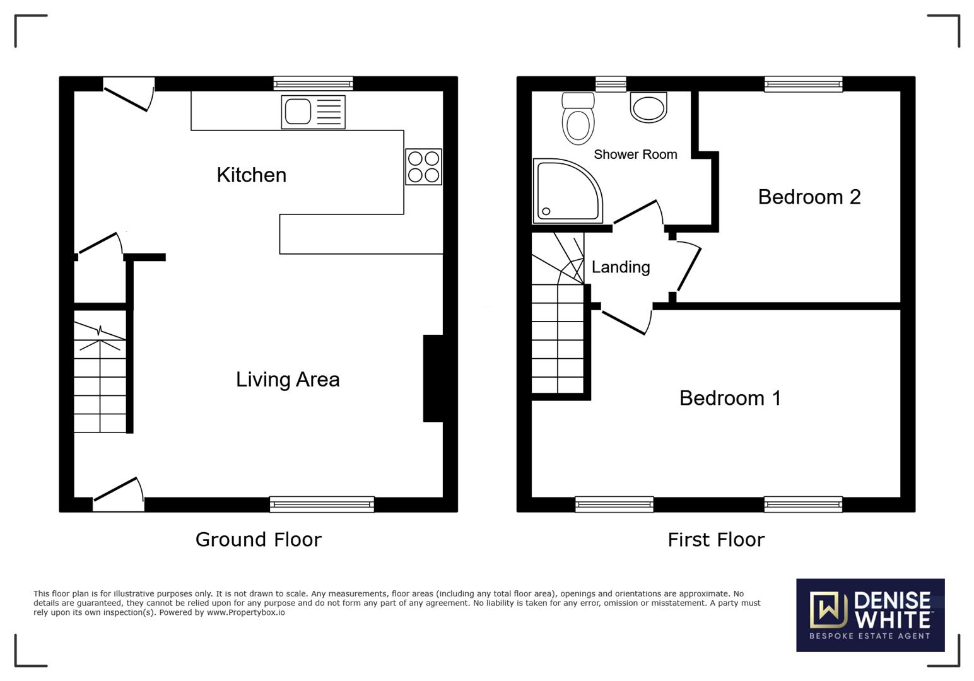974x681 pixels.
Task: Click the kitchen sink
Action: pyautogui.click(x=313, y=112)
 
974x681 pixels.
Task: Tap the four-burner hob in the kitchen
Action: pyautogui.click(x=423, y=166)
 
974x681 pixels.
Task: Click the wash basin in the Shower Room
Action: pyautogui.click(x=648, y=107)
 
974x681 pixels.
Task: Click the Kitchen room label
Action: pyautogui.click(x=251, y=175)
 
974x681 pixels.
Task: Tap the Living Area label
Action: pyautogui.click(x=288, y=379)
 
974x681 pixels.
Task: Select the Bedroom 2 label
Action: pyautogui.click(x=809, y=197)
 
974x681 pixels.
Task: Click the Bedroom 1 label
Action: pyautogui.click(x=730, y=398)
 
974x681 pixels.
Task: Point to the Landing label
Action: pyautogui.click(x=621, y=267)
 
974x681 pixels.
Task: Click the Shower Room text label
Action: pyautogui.click(x=635, y=154)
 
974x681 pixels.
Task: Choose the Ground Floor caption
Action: pyautogui.click(x=258, y=539)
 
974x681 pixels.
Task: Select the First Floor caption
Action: pyautogui.click(x=716, y=539)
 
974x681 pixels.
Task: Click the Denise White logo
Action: pyautogui.click(x=870, y=615)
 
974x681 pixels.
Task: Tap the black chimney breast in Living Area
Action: pyautogui.click(x=433, y=378)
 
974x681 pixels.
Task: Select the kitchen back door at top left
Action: pyautogui.click(x=129, y=93)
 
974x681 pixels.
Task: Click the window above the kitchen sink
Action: pyautogui.click(x=313, y=83)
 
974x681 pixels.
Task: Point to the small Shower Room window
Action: pyautogui.click(x=611, y=84)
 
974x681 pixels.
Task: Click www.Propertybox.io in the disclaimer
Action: pyautogui.click(x=245, y=612)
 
